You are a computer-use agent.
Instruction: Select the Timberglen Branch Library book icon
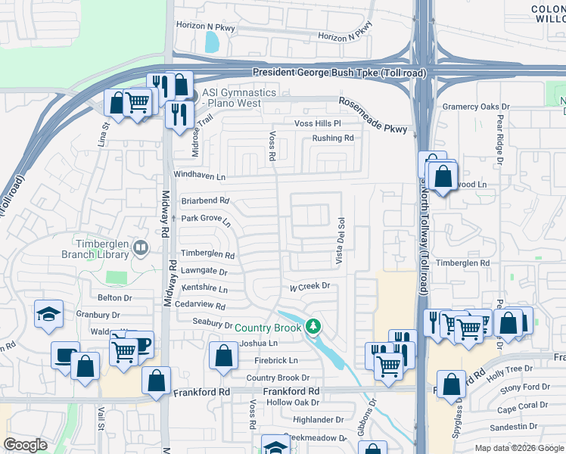(x=140, y=247)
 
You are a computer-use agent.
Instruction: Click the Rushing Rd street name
(x=333, y=138)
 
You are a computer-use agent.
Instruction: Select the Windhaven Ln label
(x=200, y=176)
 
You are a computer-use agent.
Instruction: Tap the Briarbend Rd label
(x=204, y=201)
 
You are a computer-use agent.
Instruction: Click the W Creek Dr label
(x=310, y=286)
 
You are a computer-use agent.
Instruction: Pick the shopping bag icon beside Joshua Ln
(x=224, y=357)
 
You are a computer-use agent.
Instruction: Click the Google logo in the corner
(x=26, y=445)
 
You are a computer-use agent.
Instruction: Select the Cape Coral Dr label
(x=522, y=409)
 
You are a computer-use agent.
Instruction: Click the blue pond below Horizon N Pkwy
(x=213, y=42)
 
